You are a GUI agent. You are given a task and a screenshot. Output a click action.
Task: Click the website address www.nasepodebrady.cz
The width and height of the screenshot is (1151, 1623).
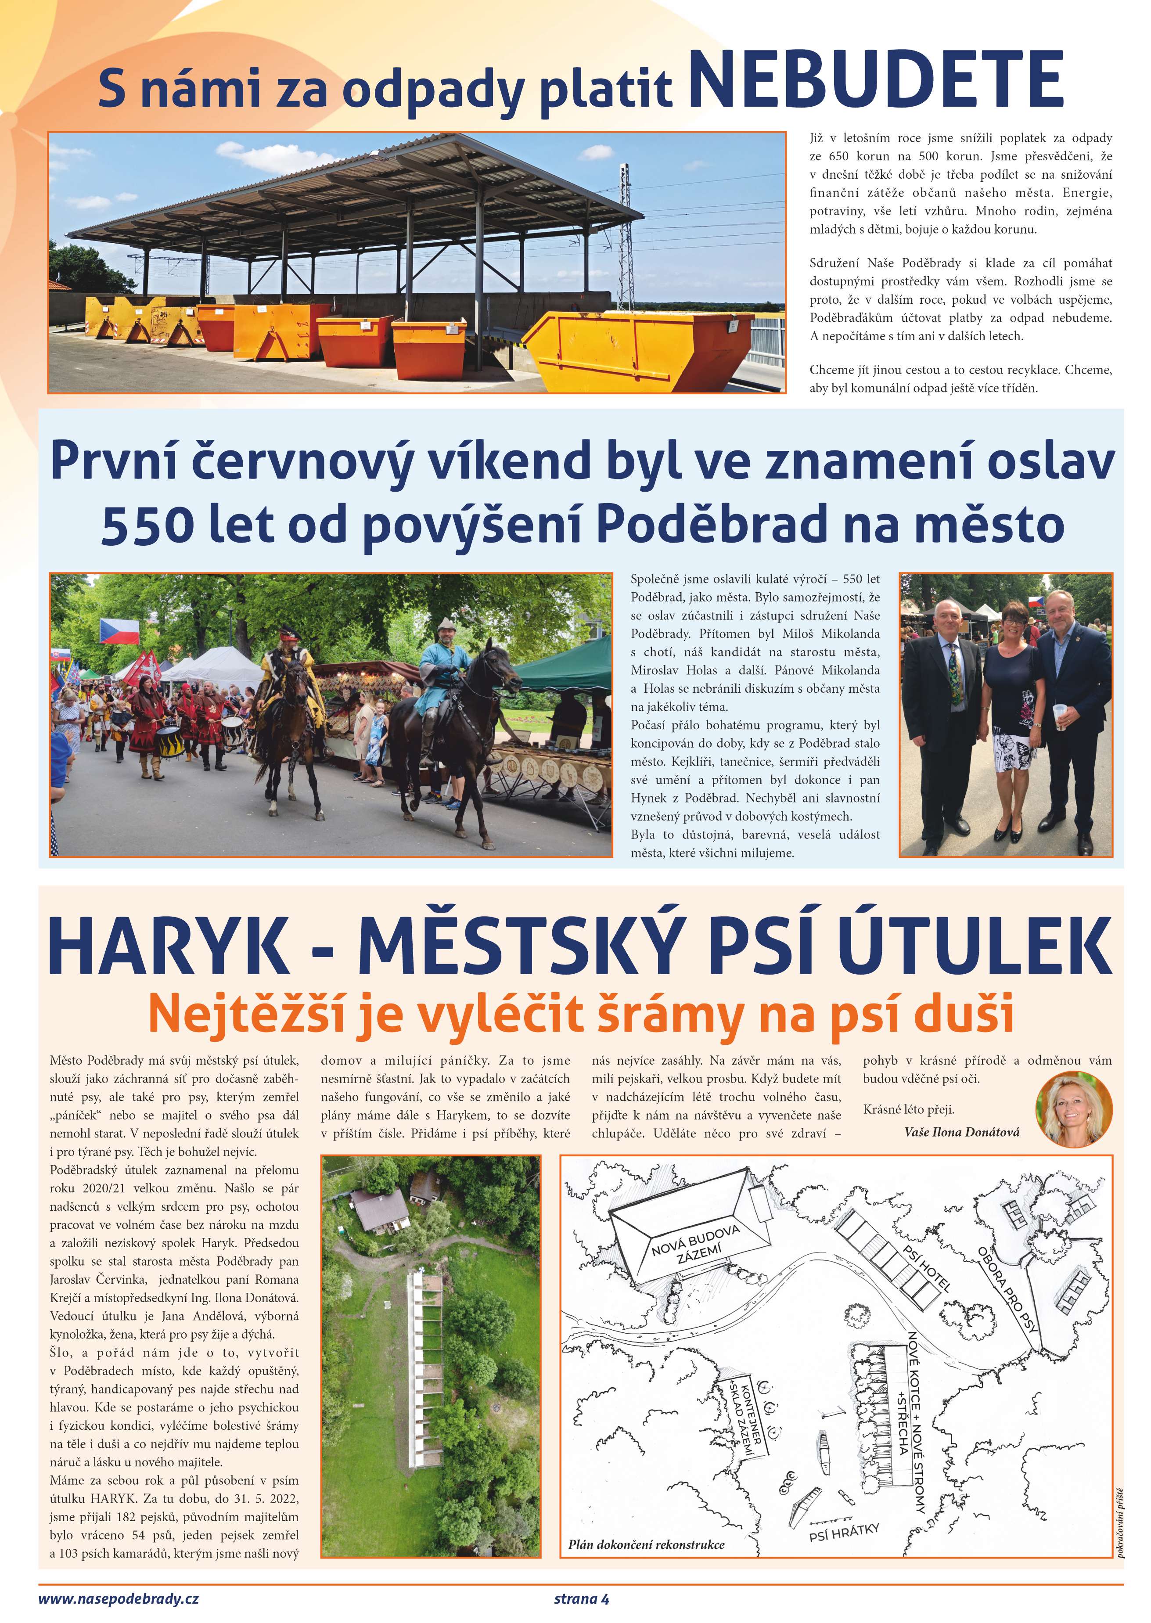click(x=119, y=1598)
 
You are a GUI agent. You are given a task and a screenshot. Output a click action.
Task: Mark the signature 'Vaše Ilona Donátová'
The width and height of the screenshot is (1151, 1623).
click(x=962, y=1132)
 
